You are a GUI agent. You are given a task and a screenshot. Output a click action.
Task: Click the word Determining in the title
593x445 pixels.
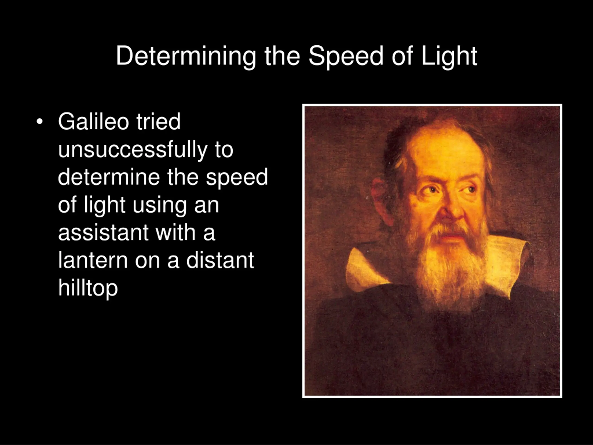(186, 56)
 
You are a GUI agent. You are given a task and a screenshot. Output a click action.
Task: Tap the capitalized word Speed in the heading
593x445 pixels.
(346, 56)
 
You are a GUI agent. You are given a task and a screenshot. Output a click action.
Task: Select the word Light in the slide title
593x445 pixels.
(449, 56)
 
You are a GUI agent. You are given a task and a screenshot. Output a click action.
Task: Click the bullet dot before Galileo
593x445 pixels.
(39, 122)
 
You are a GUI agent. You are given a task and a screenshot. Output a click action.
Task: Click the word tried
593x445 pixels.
(158, 121)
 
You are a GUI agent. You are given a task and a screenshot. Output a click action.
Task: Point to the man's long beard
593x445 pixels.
(450, 266)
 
